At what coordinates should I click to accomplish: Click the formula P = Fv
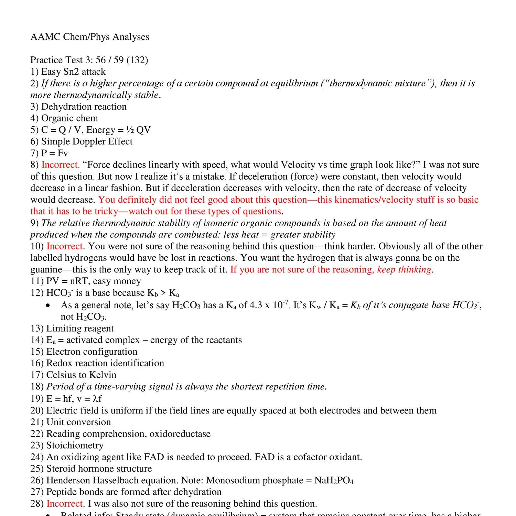(x=55, y=153)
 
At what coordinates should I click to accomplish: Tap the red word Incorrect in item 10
(x=65, y=246)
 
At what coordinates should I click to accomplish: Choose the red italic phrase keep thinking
(x=404, y=269)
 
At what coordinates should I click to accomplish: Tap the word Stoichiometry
(x=75, y=445)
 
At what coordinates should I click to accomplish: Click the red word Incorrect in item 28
(x=65, y=504)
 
